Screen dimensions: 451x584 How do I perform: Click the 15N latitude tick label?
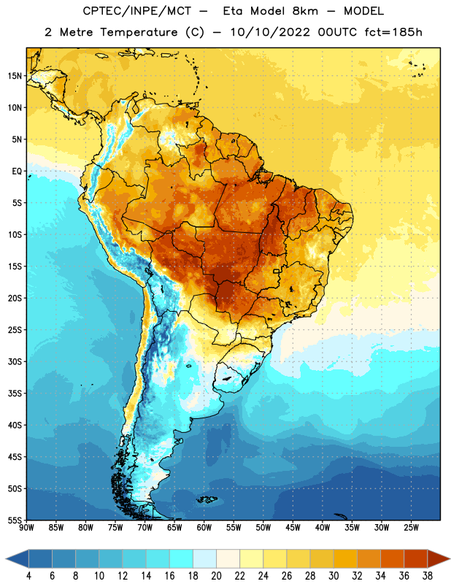click(15, 76)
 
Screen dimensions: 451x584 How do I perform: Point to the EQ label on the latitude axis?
click(17, 172)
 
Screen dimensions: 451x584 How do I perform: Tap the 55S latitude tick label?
click(15, 520)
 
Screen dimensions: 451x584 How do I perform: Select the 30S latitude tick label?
click(15, 361)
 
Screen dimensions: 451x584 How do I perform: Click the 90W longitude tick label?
click(26, 528)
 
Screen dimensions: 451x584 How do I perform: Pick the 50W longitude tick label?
click(263, 528)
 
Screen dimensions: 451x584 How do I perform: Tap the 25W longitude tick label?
click(411, 528)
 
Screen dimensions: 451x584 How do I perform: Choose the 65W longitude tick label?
click(174, 528)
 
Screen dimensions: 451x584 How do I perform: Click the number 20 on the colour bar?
click(216, 576)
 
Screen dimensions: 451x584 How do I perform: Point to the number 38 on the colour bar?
click(428, 576)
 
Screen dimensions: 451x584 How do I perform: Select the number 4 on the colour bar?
click(28, 576)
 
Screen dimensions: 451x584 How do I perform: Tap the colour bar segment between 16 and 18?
click(182, 558)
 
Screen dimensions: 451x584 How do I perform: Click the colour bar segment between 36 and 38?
click(416, 558)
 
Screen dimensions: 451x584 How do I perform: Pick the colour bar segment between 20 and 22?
click(228, 558)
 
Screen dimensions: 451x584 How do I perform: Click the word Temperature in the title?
click(139, 32)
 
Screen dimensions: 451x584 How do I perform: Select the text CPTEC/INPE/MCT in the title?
click(136, 11)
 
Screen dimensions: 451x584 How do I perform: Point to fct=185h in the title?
click(393, 32)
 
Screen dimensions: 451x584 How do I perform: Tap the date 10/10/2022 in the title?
click(270, 32)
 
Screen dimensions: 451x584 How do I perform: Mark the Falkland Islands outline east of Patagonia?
click(207, 499)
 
